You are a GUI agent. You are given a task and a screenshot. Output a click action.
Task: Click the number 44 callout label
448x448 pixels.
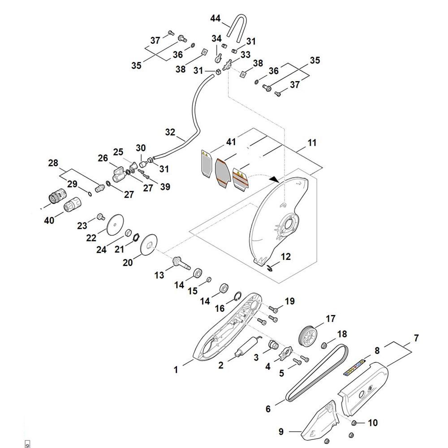pos(216,18)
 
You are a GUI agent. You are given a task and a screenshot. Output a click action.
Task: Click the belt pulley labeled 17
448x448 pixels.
pos(307,335)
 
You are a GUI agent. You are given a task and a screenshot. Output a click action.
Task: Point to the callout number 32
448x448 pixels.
pos(170,132)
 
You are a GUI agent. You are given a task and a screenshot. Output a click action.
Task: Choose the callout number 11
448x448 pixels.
pos(312,143)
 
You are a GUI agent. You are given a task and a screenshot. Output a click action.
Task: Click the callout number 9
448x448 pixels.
pos(281,432)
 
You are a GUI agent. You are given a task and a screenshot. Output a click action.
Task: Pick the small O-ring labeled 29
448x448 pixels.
pos(90,193)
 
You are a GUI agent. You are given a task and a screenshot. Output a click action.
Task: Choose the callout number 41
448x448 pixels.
pos(231,142)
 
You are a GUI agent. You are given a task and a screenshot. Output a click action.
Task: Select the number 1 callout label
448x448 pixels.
pos(176,370)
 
